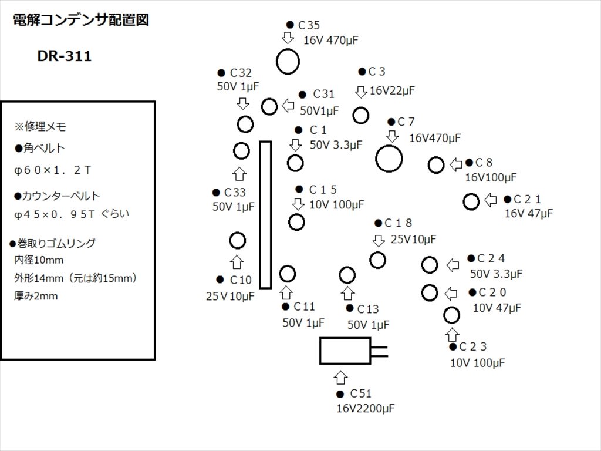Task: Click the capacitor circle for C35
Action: coord(288,62)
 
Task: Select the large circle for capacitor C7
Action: coord(389,159)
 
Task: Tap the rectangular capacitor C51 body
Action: coord(345,351)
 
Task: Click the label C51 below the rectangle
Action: coord(360,393)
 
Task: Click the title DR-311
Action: coord(65,57)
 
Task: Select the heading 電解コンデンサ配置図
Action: coord(80,20)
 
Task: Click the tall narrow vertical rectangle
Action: coord(265,214)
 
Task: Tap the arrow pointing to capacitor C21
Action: coord(490,201)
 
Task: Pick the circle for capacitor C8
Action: coord(436,165)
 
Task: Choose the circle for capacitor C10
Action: coord(237,240)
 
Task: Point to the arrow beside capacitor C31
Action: coord(288,106)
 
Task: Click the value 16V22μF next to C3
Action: coord(392,90)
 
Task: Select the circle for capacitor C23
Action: coord(451,315)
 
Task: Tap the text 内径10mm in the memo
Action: coord(39,260)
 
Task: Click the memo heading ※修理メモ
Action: coord(40,126)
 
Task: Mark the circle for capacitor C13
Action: coord(347,275)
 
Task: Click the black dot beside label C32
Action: coord(221,73)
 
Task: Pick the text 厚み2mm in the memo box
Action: coord(36,296)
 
